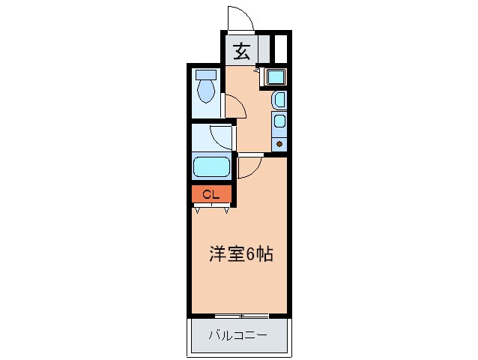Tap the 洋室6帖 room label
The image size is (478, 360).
[240, 254]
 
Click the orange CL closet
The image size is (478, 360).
[211, 195]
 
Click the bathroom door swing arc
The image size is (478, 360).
[223, 136]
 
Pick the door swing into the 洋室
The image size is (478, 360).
[249, 165]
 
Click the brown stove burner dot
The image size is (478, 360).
[279, 142]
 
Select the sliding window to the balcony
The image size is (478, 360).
[240, 313]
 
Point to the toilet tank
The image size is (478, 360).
[205, 74]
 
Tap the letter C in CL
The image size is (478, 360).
[207, 195]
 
